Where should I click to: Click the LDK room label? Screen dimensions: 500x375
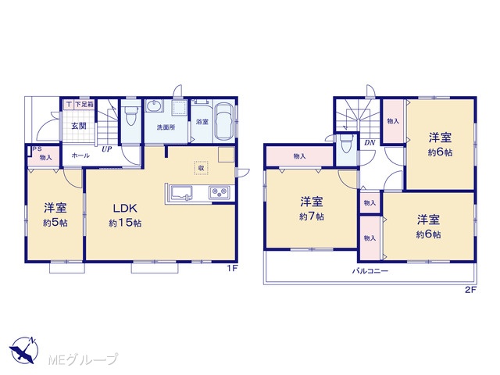(x=125, y=209)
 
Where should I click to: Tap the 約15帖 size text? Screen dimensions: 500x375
(x=125, y=223)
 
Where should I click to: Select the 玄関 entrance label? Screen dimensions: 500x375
(x=78, y=126)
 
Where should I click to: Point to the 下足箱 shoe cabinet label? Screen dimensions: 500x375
(x=84, y=104)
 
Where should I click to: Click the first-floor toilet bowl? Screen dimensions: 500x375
(x=130, y=116)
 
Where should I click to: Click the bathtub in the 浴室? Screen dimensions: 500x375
(x=223, y=121)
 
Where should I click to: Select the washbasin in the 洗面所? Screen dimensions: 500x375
(x=155, y=105)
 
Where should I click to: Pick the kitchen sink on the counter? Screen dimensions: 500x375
(x=181, y=193)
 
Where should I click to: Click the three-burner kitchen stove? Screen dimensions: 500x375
(x=219, y=193)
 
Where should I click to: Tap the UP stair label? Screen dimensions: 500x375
(x=106, y=149)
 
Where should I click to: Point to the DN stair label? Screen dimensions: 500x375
(x=370, y=142)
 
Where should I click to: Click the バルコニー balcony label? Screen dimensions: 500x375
(x=370, y=271)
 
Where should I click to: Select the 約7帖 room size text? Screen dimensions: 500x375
(x=312, y=216)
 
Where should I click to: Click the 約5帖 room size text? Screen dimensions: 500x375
(x=55, y=223)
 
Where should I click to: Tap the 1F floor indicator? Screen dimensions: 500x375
(x=232, y=269)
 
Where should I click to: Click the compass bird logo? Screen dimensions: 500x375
(x=23, y=350)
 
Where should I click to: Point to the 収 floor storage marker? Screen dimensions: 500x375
(x=202, y=168)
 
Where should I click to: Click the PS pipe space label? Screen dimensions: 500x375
(x=37, y=149)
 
